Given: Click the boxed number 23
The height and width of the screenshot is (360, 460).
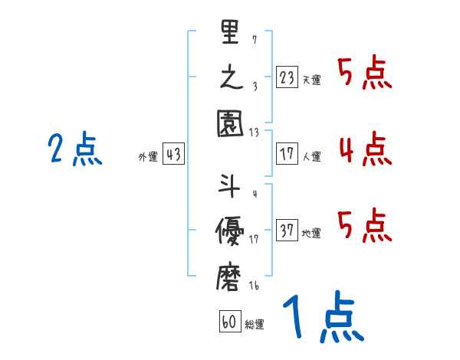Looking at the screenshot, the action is pyautogui.click(x=287, y=78).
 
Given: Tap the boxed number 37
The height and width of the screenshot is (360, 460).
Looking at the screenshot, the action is pyautogui.click(x=287, y=231).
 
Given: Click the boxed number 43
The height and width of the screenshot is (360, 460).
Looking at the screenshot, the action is pyautogui.click(x=173, y=155).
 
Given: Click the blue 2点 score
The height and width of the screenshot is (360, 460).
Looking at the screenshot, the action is pyautogui.click(x=74, y=149).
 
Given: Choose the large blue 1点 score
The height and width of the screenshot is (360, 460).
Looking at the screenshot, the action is pyautogui.click(x=322, y=318).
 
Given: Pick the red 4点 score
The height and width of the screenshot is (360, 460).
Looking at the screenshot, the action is pyautogui.click(x=365, y=149).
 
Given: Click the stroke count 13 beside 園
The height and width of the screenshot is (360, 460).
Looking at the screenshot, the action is pyautogui.click(x=254, y=132).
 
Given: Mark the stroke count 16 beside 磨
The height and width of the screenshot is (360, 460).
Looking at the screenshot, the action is pyautogui.click(x=254, y=286).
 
